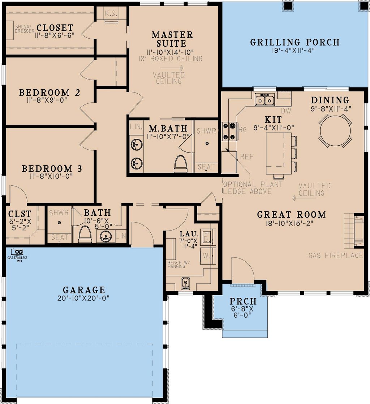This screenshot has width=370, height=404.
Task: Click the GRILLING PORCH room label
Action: point(295,42)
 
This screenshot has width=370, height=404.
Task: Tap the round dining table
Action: point(335,131)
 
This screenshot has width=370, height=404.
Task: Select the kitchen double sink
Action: point(264,99)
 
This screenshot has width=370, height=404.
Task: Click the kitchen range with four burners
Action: point(229,131)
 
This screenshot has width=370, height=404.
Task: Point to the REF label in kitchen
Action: point(247,157)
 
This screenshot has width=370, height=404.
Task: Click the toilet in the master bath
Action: point(181,164)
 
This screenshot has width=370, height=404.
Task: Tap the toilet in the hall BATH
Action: point(85,234)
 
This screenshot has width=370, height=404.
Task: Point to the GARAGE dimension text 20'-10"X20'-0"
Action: point(84,298)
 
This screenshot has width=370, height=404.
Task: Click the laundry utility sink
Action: point(185,283)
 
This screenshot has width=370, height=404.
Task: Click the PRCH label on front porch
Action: point(243,301)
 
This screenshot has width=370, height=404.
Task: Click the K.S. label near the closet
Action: point(111,14)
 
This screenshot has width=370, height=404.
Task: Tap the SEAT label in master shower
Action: point(206,167)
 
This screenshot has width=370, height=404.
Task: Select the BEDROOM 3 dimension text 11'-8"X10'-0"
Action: point(51,176)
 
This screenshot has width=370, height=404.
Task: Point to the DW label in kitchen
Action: point(286,111)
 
